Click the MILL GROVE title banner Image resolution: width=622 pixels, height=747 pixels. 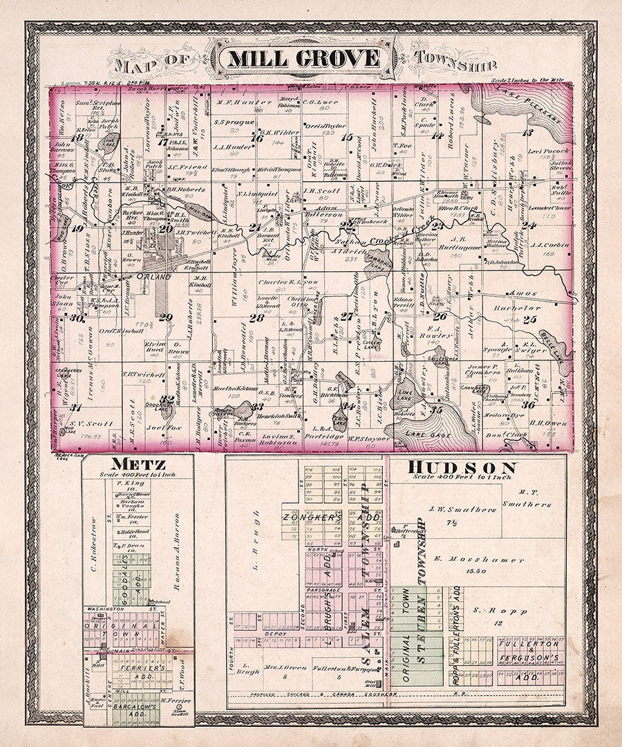(303, 58)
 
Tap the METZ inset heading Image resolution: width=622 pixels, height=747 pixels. (113, 463)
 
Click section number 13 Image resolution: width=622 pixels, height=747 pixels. (528, 131)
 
